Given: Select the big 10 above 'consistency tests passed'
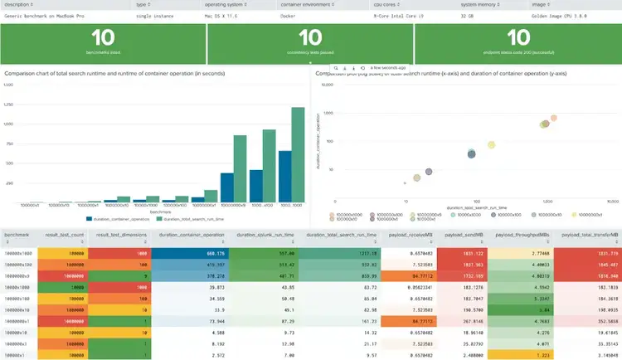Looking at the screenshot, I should click(309, 38).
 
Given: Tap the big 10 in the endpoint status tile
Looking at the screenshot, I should click(517, 38).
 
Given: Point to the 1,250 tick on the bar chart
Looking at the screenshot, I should click(9, 105).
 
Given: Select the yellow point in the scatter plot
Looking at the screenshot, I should click(491, 144).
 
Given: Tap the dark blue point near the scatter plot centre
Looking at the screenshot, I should click(471, 153).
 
